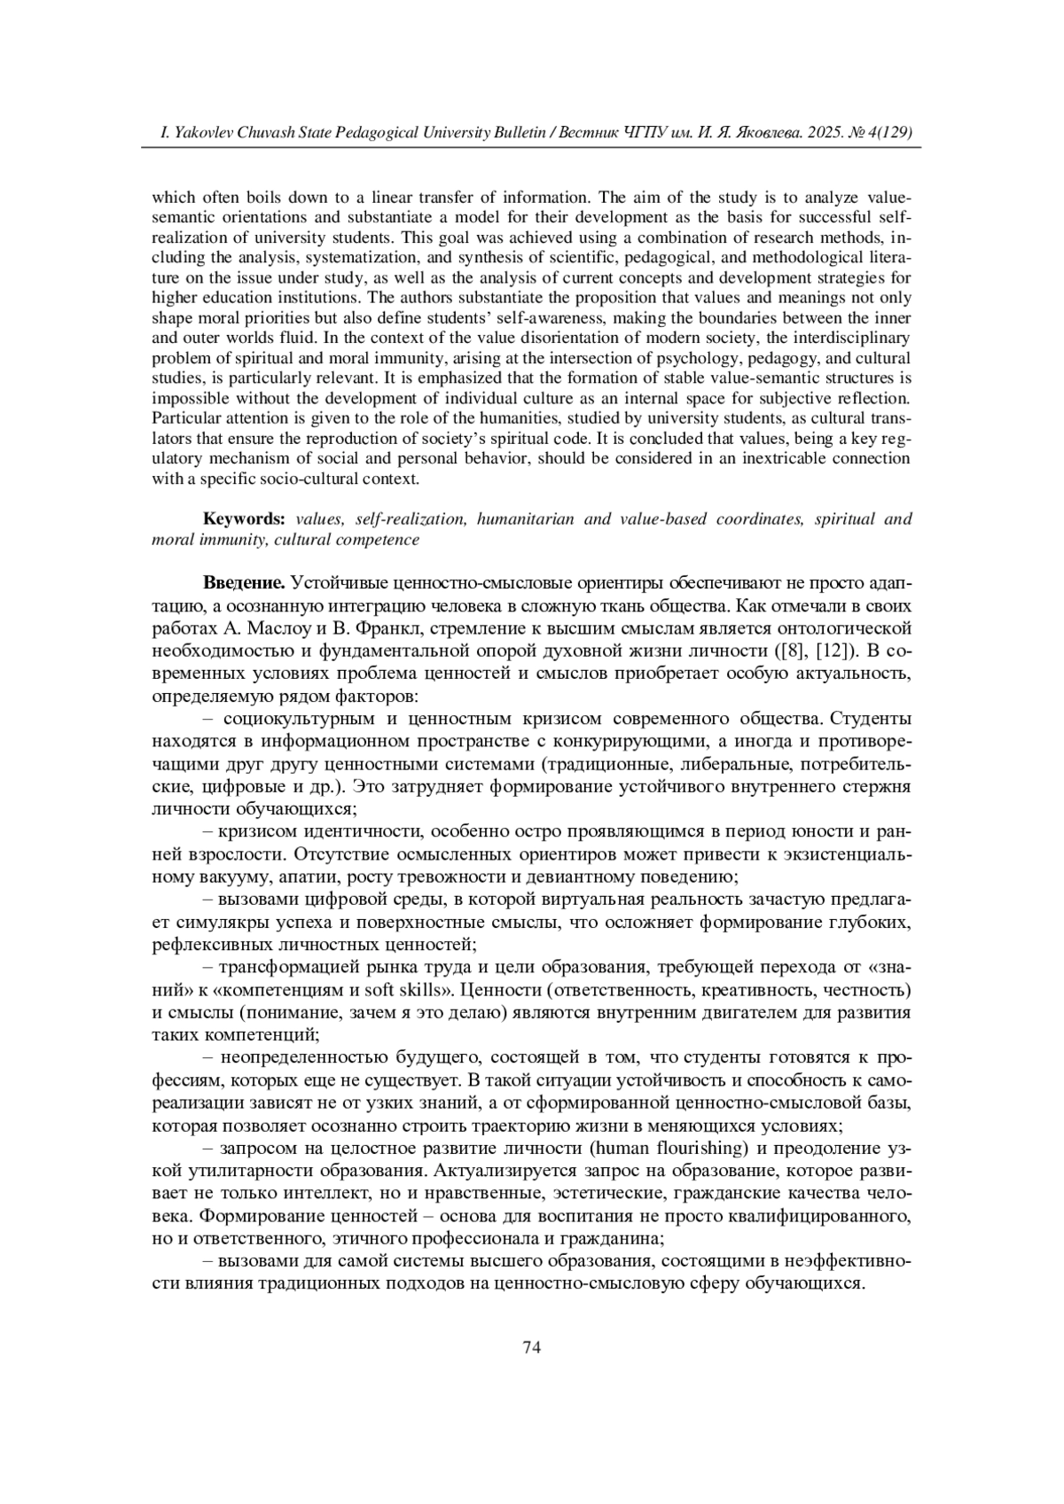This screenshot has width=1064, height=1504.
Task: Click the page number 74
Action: [532, 1347]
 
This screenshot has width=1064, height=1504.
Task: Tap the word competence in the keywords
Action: [377, 539]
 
